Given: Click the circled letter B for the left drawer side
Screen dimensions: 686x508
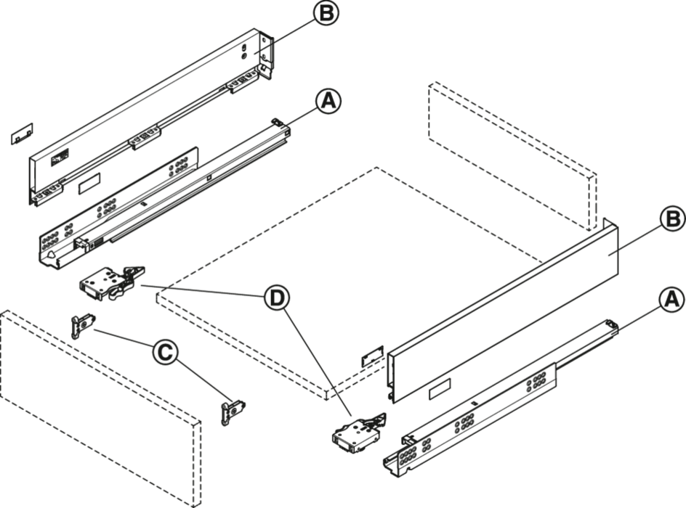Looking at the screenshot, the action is coord(326,14).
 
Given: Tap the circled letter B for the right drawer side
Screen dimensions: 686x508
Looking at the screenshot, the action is coord(672,219).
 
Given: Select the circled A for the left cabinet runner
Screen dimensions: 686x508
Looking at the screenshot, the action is coord(328,102).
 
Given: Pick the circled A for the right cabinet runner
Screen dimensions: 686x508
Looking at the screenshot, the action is coord(671,300).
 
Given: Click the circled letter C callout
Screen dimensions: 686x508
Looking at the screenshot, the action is coord(165,353).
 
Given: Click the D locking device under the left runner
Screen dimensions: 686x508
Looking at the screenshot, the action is coord(112,282).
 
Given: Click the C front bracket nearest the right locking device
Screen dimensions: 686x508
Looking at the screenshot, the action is coord(233,411).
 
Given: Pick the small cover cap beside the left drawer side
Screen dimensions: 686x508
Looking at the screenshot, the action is coord(22,134).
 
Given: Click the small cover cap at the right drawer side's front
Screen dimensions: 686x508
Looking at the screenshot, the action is coord(372,356).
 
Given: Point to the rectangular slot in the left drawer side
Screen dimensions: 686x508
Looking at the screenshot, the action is coord(89,183).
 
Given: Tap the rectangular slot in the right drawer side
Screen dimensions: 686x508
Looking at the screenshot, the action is coord(440,388).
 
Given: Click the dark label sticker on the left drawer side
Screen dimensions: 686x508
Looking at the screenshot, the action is coord(60,157).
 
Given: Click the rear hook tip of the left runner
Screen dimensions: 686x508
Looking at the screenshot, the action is coord(277,121).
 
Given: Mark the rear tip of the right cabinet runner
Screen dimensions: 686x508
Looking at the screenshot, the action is coord(612,324).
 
